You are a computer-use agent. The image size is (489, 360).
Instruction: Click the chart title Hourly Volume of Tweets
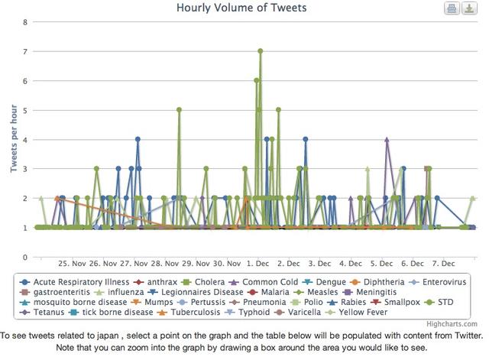coord(241,8)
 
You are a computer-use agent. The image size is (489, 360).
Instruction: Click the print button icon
coord(452,8)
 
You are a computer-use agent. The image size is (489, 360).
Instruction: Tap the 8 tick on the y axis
coord(25,21)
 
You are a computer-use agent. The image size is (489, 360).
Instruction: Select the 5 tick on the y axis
coord(25,110)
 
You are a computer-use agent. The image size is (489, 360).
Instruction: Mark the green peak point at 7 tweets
coord(261,51)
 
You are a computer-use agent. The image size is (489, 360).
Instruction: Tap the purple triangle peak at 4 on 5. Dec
coord(387,140)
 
